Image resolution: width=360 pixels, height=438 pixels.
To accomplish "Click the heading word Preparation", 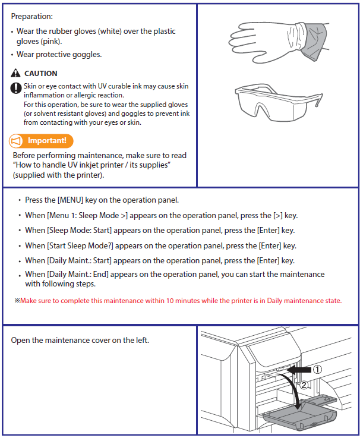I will (31, 16).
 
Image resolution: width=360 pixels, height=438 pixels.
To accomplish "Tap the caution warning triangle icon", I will (16, 74).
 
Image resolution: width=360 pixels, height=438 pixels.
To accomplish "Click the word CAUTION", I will (41, 74).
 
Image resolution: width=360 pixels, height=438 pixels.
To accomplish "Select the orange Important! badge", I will (41, 141).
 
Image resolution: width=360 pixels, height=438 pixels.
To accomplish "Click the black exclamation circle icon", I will (16, 88).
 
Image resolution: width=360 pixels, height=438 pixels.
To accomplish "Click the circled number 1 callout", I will (318, 369).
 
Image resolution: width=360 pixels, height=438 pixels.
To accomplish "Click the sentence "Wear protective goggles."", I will (59, 55).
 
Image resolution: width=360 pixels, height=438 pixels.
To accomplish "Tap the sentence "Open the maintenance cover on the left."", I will (80, 340).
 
